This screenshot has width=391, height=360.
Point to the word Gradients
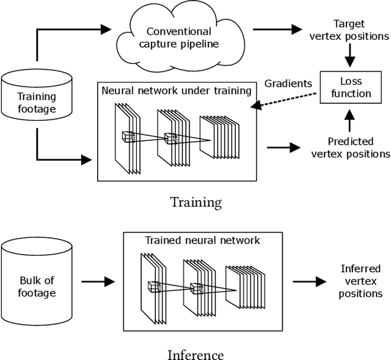[288, 83]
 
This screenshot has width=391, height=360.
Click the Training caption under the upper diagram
[195, 202]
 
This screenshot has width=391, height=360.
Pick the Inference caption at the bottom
[195, 355]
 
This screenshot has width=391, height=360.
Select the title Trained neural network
[202, 240]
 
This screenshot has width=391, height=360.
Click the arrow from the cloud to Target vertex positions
[278, 29]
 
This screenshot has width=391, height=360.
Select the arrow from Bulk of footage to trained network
[98, 282]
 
